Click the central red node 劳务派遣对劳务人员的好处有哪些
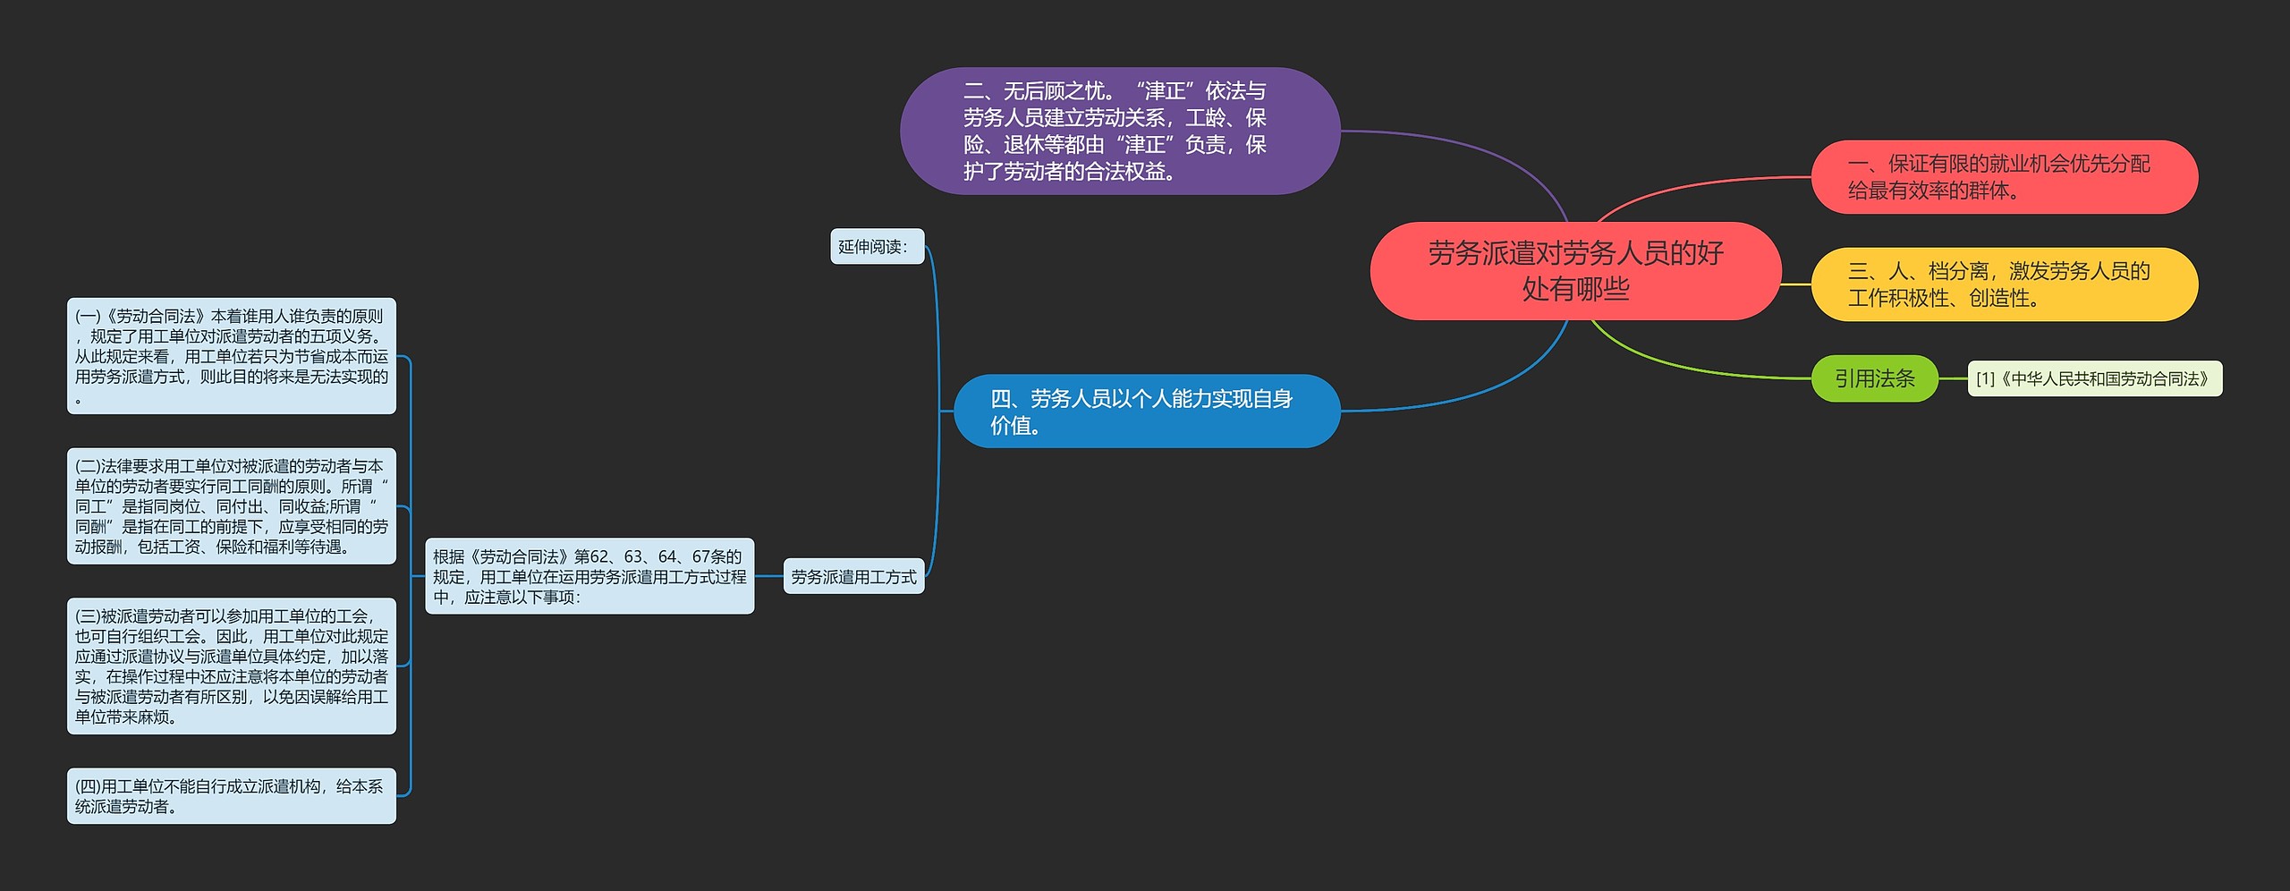[1575, 271]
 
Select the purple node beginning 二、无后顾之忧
[1119, 131]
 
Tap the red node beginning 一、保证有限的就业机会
[2004, 177]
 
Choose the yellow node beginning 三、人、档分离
[2004, 284]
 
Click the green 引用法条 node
[1874, 378]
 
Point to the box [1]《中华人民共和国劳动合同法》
[2094, 378]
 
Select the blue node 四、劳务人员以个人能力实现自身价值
[1146, 412]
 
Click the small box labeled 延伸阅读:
[876, 247]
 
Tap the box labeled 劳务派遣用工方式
[853, 577]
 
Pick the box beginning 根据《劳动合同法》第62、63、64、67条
[589, 577]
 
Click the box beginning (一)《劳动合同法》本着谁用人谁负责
[232, 356]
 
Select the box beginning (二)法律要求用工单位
[232, 506]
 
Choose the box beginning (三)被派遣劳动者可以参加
[232, 666]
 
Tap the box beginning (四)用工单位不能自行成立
[232, 796]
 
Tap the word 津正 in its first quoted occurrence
[1165, 91]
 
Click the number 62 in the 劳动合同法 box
[599, 556]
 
